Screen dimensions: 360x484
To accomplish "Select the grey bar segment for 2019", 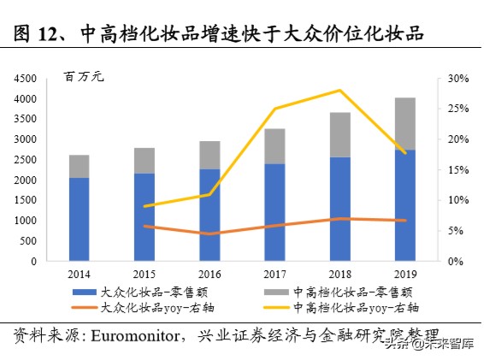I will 404,124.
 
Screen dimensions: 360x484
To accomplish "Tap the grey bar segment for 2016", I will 210,155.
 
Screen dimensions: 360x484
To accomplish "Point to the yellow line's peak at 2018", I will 340,90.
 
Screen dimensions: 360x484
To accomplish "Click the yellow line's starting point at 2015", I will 145,206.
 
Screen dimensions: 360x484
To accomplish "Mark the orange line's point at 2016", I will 210,233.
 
